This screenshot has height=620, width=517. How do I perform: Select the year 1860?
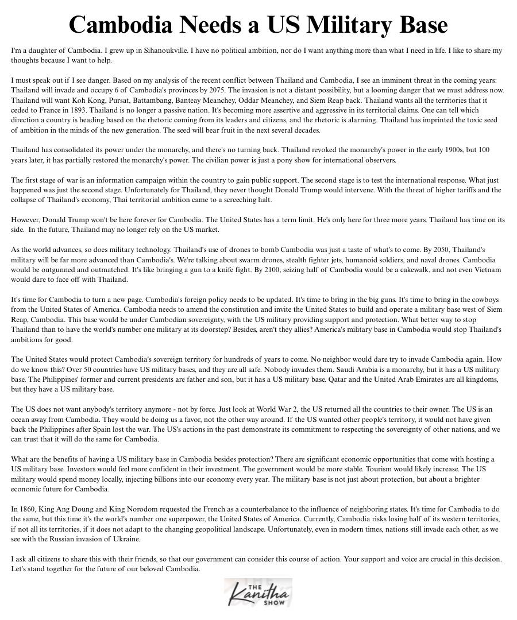tap(28, 509)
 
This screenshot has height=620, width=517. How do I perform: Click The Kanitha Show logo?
tap(258, 592)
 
